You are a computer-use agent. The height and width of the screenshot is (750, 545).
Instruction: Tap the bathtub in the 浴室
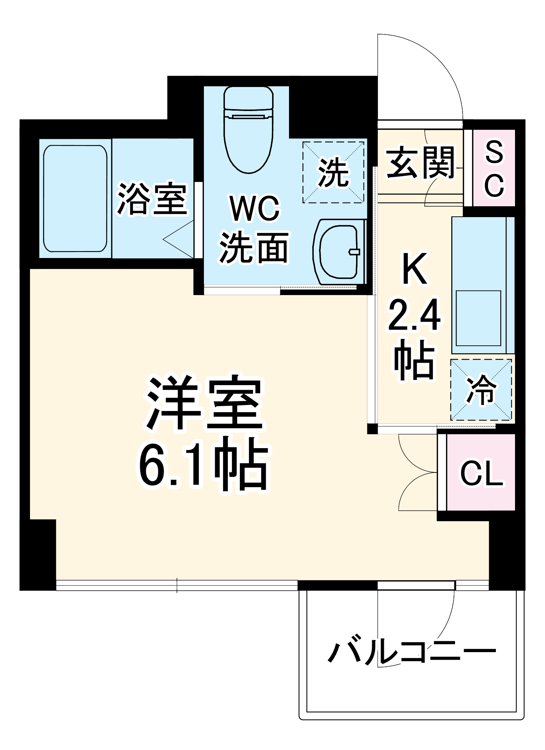coord(75,198)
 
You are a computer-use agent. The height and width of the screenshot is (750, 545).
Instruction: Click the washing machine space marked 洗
coord(333,172)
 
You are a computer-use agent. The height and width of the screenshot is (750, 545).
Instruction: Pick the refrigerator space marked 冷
coord(481,390)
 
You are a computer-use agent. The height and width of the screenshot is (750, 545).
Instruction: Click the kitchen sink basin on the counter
coord(479,318)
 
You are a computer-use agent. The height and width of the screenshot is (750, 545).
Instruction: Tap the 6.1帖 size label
coord(204,465)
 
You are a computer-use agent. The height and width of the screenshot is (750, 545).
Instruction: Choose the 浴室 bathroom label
coord(152,198)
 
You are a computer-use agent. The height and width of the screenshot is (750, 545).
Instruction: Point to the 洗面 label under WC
coord(254,247)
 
